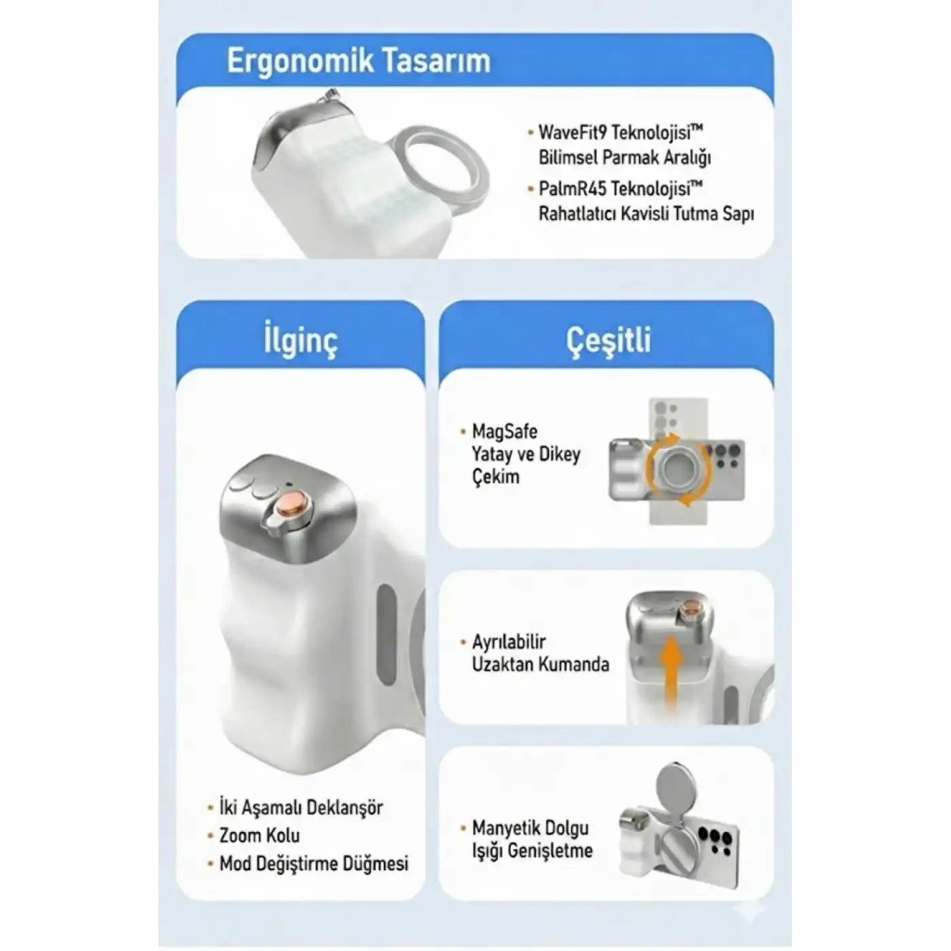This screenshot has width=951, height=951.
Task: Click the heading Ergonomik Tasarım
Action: point(359,62)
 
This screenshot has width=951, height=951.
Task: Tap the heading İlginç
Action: point(300,340)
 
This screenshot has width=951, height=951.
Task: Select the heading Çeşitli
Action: point(609,340)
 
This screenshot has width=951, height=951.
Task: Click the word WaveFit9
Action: point(571,132)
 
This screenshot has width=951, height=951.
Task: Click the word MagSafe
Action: point(505,431)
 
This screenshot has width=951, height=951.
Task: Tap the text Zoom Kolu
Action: point(259,836)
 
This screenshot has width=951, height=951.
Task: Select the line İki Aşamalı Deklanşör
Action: point(301,808)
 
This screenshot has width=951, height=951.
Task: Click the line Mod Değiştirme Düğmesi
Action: point(314,863)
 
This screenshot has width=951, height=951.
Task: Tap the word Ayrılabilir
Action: point(509,642)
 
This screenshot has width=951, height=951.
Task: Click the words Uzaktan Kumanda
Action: point(541,664)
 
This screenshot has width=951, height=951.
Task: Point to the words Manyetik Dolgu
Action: point(530,828)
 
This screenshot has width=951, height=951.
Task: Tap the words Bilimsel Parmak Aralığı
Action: point(625,158)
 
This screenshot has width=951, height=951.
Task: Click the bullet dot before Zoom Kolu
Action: point(211,836)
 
